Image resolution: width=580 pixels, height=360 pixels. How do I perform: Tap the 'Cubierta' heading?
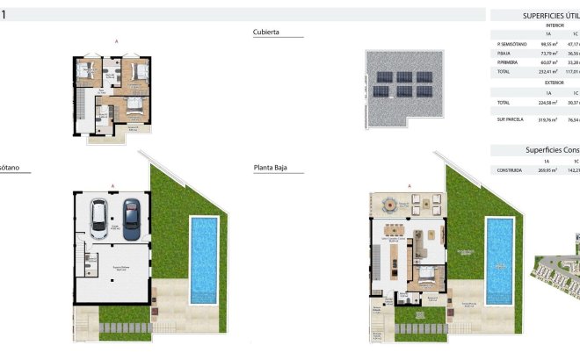(x=266, y=32)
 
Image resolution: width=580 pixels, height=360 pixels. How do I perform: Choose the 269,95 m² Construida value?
(x=547, y=171)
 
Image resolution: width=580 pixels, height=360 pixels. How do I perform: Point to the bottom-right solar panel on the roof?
(x=426, y=90)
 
